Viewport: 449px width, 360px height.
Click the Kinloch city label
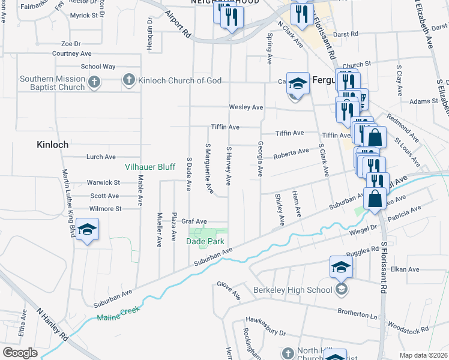pyautogui.click(x=53, y=145)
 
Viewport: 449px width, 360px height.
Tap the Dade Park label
pyautogui.click(x=205, y=241)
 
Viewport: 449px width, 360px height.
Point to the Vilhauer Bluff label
pyautogui.click(x=149, y=167)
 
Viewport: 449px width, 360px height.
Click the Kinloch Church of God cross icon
pyautogui.click(x=128, y=80)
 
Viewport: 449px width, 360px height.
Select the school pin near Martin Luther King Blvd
pyautogui.click(x=87, y=230)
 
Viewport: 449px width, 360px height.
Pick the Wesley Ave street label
pyautogui.click(x=246, y=107)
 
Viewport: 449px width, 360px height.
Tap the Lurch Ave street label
pyautogui.click(x=101, y=157)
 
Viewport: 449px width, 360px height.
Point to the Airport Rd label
pyautogui.click(x=178, y=23)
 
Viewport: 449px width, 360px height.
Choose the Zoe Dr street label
pyautogui.click(x=71, y=44)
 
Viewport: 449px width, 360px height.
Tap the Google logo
pyautogui.click(x=20, y=353)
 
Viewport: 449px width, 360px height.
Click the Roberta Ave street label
pyautogui.click(x=291, y=154)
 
